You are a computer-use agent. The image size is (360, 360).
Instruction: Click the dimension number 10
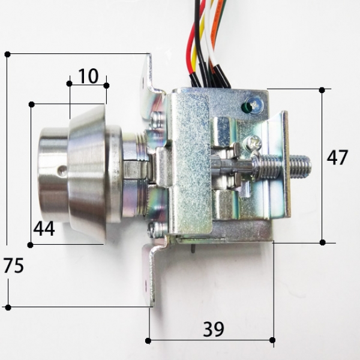click(x=88, y=76)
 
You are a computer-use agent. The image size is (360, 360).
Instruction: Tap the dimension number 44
click(x=44, y=229)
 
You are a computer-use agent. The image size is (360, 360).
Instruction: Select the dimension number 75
click(x=14, y=265)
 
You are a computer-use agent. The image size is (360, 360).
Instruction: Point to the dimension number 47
click(x=337, y=157)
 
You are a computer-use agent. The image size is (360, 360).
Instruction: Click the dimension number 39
click(x=213, y=329)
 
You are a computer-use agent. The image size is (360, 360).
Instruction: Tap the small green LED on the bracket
click(x=245, y=106)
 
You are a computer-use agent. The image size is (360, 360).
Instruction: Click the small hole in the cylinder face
click(x=61, y=170)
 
